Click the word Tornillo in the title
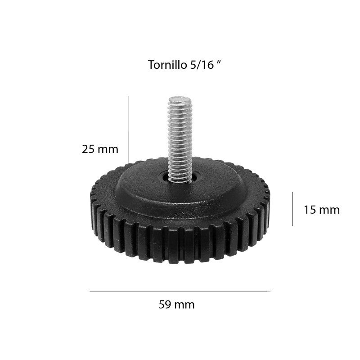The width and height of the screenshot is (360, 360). (x=167, y=65)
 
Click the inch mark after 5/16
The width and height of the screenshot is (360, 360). (x=219, y=62)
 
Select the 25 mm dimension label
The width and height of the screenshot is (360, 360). (x=100, y=149)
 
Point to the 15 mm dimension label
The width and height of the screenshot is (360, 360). (x=322, y=210)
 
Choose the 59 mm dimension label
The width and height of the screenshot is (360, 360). (x=176, y=305)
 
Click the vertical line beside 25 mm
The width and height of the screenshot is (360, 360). (x=129, y=129)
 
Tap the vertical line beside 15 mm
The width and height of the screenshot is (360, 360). (x=293, y=209)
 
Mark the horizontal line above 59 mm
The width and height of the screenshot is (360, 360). (x=180, y=291)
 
